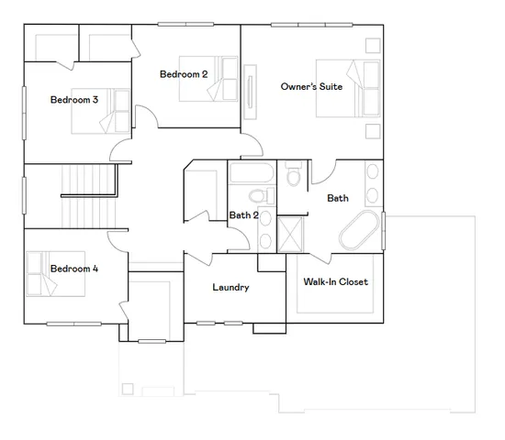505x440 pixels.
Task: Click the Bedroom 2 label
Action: coord(184,74)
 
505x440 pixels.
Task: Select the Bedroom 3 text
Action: coord(74,100)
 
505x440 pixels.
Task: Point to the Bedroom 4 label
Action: coord(74,269)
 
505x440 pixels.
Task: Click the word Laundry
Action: coord(230,287)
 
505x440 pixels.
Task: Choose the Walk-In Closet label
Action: coord(335,281)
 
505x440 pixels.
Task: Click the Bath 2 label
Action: coord(242,215)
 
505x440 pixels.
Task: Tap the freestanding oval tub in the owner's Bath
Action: coord(360,230)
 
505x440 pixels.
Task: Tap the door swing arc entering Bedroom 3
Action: coord(122,148)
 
